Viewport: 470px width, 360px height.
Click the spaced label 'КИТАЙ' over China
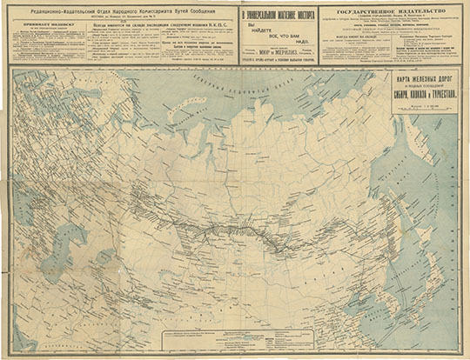pyautogui.click(x=287, y=304)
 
